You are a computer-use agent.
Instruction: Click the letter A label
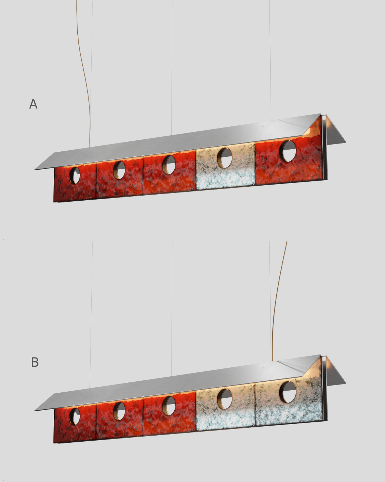[x=34, y=104]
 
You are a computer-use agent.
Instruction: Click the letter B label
[x=35, y=362]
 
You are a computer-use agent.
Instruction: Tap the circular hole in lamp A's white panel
[x=225, y=158]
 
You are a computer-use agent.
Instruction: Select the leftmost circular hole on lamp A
[x=75, y=176]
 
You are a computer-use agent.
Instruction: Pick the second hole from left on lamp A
[x=119, y=170]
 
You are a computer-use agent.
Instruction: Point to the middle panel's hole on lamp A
[x=169, y=165]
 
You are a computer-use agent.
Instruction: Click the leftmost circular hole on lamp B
[x=75, y=417]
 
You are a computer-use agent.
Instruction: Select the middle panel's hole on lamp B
[x=169, y=406]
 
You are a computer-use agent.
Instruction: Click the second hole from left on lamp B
[x=119, y=411]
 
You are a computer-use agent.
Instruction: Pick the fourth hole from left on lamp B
[x=225, y=399]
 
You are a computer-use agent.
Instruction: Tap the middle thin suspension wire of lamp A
[x=172, y=67]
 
